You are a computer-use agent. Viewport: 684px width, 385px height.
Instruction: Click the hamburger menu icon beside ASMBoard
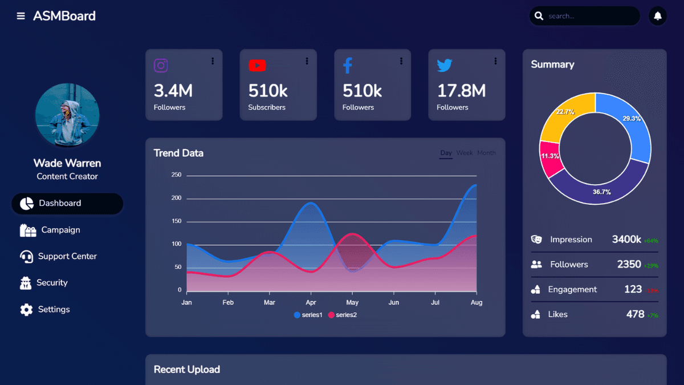pos(21,16)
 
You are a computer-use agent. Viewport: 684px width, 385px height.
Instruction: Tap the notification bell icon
pos(658,16)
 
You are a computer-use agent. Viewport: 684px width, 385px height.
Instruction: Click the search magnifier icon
pos(539,16)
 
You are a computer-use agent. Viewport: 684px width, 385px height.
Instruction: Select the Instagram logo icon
pos(161,66)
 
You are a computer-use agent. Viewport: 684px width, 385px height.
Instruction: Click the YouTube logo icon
pos(257,66)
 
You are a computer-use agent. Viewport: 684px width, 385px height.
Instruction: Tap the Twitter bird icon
pos(445,66)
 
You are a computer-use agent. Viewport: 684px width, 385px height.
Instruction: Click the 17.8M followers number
pos(461,90)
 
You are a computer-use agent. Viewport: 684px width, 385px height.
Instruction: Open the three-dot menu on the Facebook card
pos(401,61)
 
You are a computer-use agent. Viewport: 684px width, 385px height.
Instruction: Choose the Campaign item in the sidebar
pos(60,230)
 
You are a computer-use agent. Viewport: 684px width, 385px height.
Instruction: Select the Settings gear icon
pos(26,310)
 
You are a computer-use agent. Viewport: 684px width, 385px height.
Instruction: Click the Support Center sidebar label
pos(67,256)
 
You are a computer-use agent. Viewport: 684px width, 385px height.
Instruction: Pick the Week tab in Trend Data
pos(465,153)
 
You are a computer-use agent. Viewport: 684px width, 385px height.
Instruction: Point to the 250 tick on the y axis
pos(176,175)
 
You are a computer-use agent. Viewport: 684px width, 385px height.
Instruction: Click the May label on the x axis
pos(352,302)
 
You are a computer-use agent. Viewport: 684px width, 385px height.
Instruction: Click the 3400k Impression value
pos(626,240)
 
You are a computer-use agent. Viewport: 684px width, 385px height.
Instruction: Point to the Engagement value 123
pos(633,289)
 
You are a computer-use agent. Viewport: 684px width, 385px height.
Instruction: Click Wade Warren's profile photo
pos(67,115)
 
